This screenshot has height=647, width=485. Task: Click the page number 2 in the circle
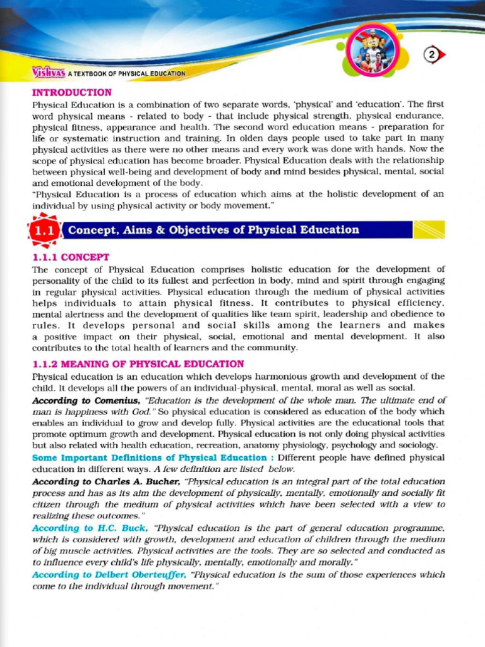pyautogui.click(x=432, y=55)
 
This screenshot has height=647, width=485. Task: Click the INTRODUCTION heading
pyautogui.click(x=72, y=92)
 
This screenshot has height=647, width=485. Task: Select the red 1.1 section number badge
pyautogui.click(x=44, y=231)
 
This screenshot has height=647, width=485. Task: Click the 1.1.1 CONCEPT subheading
pyautogui.click(x=71, y=257)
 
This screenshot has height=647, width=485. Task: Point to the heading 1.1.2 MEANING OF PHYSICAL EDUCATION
pyautogui.click(x=138, y=364)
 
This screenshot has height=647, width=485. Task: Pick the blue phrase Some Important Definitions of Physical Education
pyautogui.click(x=149, y=457)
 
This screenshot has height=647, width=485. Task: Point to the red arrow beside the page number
pyautogui.click(x=441, y=55)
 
